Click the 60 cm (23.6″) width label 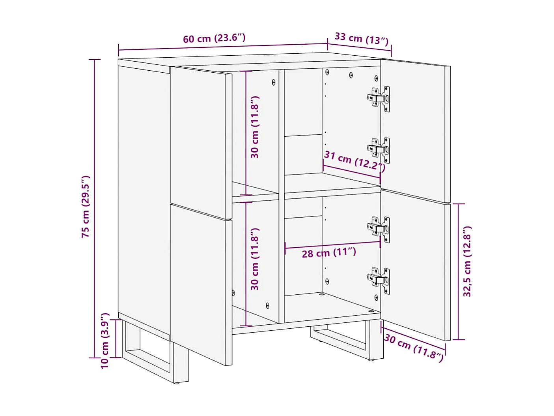214,38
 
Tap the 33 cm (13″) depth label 361,38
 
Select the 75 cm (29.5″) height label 86,206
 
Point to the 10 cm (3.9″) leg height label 104,341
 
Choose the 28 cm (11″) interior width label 329,252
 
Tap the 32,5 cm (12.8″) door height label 467,262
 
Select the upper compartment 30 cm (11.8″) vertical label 255,127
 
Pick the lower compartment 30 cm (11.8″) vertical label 255,259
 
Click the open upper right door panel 414,130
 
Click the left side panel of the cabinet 144,198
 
